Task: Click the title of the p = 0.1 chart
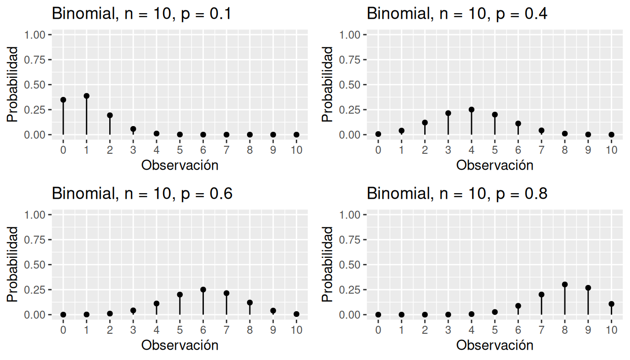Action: (142, 14)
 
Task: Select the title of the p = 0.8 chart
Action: (457, 194)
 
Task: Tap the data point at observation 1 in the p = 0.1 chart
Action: (86, 96)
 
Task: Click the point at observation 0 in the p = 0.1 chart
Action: (63, 100)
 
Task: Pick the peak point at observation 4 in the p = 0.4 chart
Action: (472, 110)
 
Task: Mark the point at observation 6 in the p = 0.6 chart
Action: (203, 290)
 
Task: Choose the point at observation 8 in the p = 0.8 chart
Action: (565, 285)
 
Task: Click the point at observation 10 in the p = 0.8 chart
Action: (611, 304)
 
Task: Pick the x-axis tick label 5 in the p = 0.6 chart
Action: (180, 330)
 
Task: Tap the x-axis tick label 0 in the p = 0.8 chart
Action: (378, 330)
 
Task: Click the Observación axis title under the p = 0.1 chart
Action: (180, 165)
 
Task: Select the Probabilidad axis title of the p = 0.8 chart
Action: (328, 264)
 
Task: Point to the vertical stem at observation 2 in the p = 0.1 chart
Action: (110, 126)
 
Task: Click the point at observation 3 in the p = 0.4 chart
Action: (448, 113)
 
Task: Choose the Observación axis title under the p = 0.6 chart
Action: (180, 345)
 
